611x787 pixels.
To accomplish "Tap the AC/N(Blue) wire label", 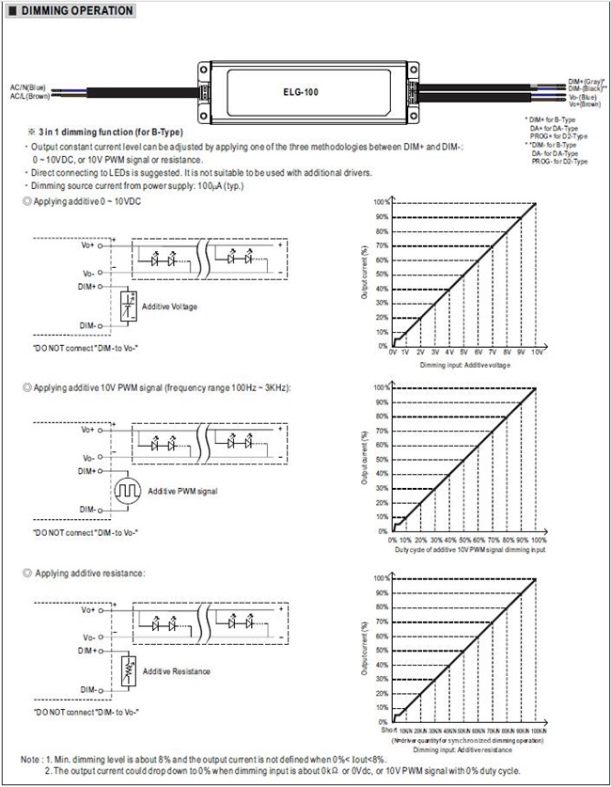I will point(27,87).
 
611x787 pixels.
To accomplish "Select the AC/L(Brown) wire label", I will point(29,95).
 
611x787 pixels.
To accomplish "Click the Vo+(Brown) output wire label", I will point(586,104).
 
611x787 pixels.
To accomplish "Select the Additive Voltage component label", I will point(169,307).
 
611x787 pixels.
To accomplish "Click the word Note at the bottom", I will point(30,758).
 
